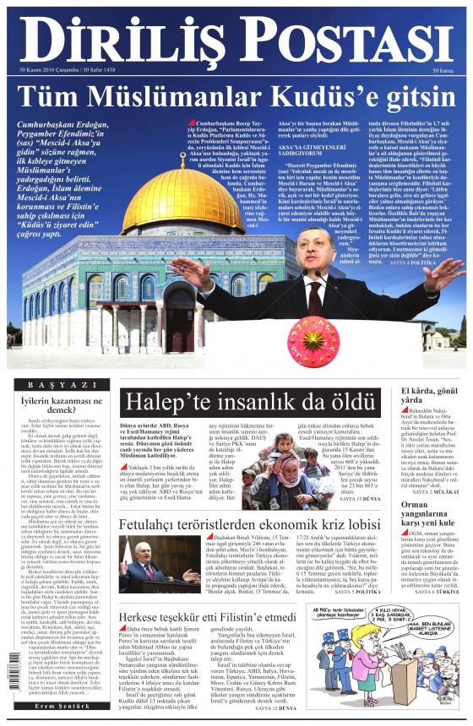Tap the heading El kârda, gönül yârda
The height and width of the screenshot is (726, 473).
pyautogui.click(x=432, y=398)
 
